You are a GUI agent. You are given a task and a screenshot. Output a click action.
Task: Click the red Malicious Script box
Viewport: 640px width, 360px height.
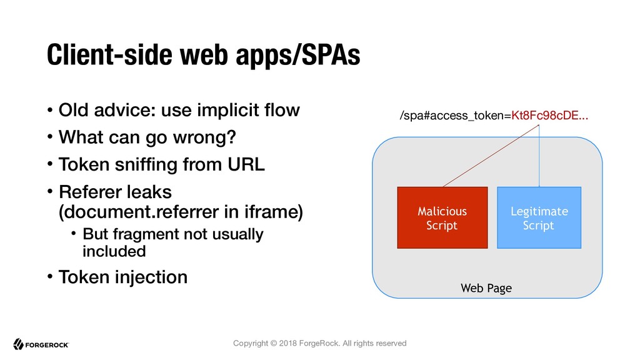pyautogui.click(x=442, y=217)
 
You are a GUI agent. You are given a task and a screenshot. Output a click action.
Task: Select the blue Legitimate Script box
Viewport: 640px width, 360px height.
pyautogui.click(x=539, y=217)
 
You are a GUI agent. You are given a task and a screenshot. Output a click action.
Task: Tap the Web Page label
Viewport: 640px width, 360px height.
pyautogui.click(x=486, y=288)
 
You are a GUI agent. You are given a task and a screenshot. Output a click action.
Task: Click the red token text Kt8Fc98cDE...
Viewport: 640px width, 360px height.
pyautogui.click(x=550, y=116)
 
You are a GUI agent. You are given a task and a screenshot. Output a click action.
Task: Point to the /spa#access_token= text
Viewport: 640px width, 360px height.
pyautogui.click(x=456, y=116)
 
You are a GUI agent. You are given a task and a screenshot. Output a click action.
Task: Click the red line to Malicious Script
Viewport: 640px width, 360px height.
pyautogui.click(x=491, y=156)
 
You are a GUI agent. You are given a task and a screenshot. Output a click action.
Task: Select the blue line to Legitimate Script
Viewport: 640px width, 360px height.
pyautogui.click(x=539, y=156)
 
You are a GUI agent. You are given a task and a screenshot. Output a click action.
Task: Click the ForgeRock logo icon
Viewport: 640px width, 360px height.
pyautogui.click(x=18, y=344)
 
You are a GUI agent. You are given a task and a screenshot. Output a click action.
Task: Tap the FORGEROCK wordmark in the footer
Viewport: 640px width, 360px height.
pyautogui.click(x=47, y=345)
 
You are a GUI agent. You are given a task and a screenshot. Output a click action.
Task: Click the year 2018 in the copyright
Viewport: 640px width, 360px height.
pyautogui.click(x=287, y=343)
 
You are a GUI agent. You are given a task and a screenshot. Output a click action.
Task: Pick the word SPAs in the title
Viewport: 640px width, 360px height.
pyautogui.click(x=331, y=55)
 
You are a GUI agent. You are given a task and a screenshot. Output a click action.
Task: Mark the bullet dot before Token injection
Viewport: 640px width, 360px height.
pyautogui.click(x=50, y=277)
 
